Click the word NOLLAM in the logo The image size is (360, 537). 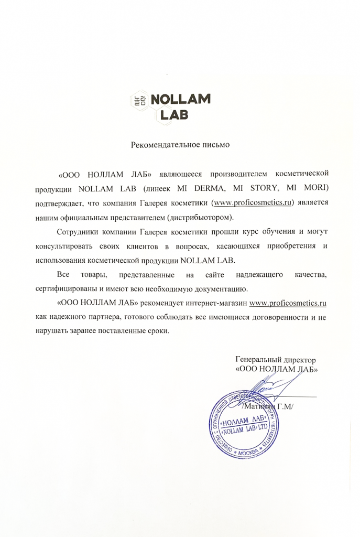[x=180, y=99]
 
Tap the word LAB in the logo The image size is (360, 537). [x=173, y=114]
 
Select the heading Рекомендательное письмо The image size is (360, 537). [x=180, y=143]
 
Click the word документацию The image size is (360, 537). [x=216, y=289]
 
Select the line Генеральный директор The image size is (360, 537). [x=276, y=360]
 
